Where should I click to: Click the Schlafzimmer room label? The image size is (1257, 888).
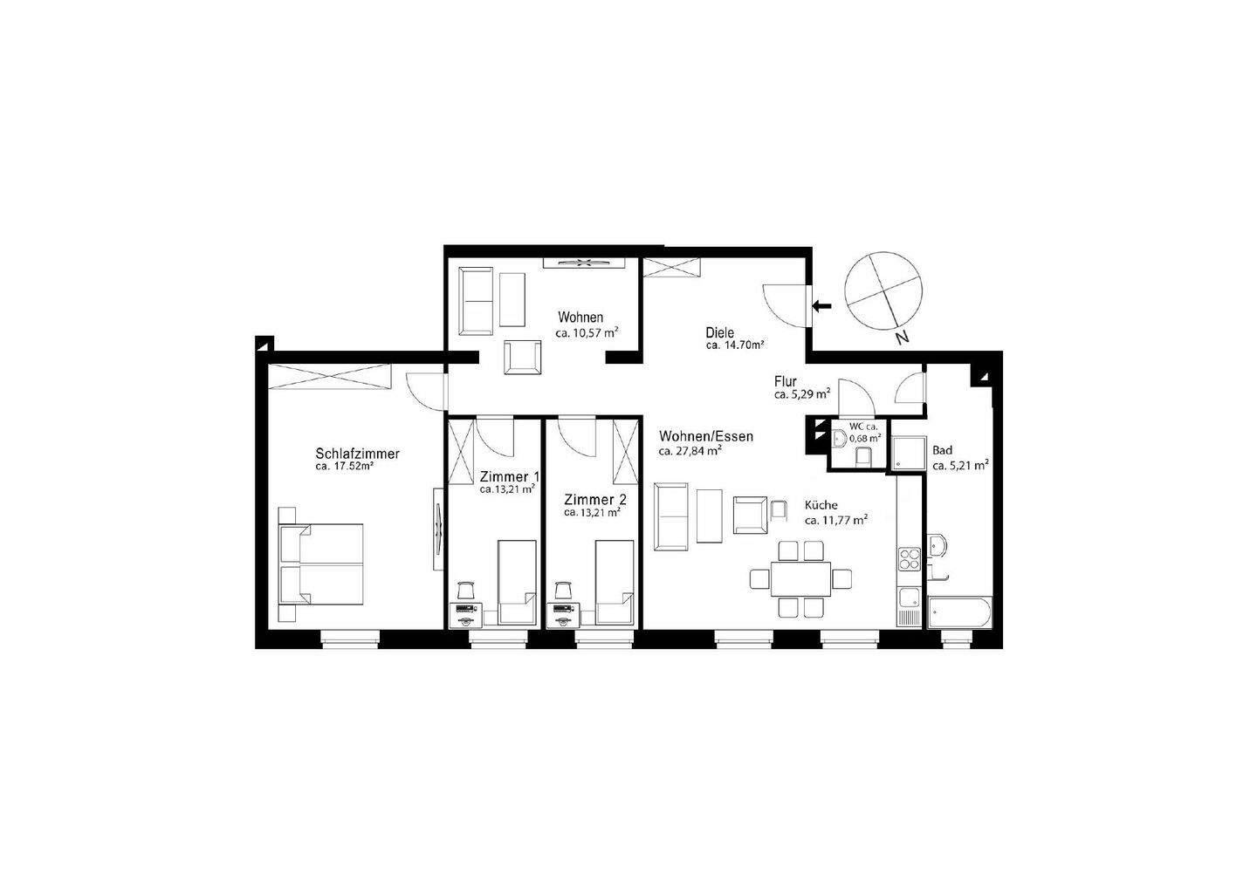coord(357,454)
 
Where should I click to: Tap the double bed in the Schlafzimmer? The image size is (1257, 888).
coord(321,564)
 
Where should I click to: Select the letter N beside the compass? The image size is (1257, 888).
coord(903,337)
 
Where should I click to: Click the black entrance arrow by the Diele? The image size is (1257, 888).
coord(821,306)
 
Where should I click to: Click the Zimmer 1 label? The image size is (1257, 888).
coord(509,477)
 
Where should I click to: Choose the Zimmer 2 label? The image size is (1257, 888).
coord(594,500)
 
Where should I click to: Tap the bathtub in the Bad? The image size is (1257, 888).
coord(959,612)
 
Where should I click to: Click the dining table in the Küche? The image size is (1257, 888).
coord(800,577)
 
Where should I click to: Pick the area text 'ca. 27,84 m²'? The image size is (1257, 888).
coord(690,451)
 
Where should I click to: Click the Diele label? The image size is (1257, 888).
coord(719,332)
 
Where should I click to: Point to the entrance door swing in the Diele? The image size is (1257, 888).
coord(785,305)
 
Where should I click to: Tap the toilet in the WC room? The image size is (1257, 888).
coord(864,456)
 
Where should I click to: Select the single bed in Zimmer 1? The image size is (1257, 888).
coord(516,582)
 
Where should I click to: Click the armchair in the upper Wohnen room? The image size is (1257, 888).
coord(523,358)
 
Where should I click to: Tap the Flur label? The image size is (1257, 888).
coord(785,381)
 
